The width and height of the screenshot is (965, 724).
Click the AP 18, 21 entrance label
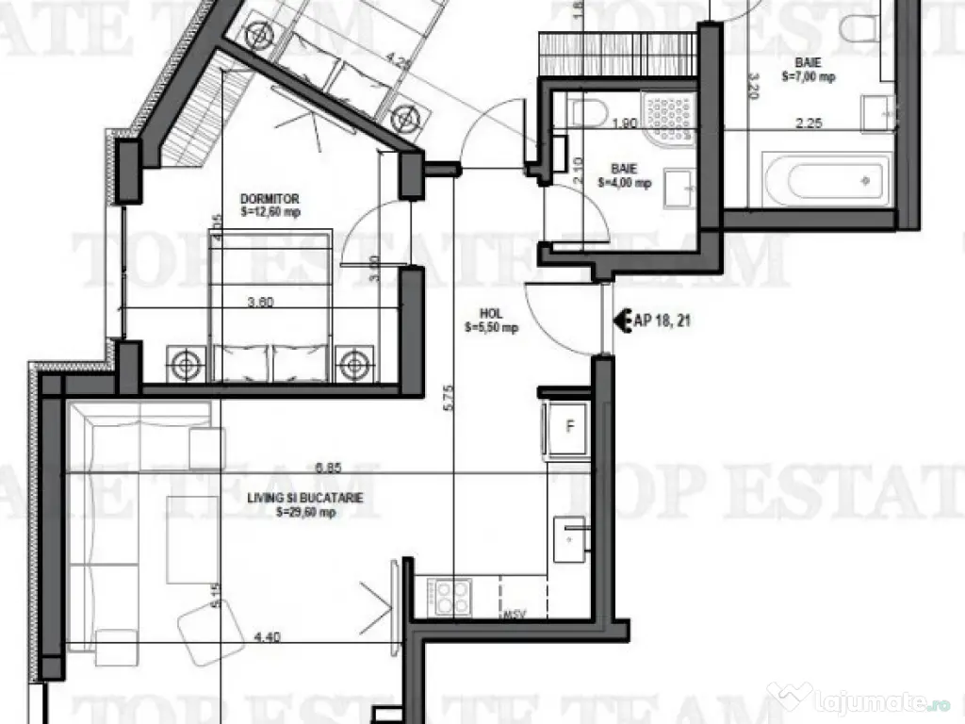point(663,321)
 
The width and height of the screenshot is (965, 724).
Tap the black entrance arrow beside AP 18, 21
point(622,321)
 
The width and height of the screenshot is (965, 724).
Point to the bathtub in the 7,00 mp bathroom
point(826,179)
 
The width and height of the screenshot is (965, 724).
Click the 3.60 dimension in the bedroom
point(260,304)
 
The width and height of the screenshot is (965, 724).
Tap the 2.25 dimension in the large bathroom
point(810,122)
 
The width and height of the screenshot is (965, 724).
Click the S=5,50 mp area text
point(491,328)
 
